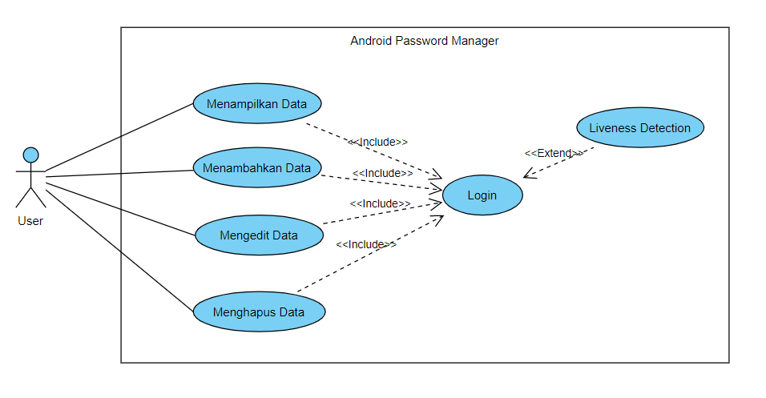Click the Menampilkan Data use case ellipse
[257, 104]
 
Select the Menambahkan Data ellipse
[257, 169]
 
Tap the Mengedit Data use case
[259, 235]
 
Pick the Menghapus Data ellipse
[259, 312]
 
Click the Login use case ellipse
[482, 195]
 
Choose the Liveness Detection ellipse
[639, 128]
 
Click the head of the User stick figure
[30, 155]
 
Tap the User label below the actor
[30, 221]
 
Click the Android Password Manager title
[424, 41]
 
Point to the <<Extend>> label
[553, 153]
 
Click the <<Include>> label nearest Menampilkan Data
[377, 142]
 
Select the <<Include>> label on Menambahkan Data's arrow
[382, 173]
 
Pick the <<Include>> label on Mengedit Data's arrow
[381, 203]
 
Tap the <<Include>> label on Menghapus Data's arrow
[366, 244]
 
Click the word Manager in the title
[474, 41]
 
